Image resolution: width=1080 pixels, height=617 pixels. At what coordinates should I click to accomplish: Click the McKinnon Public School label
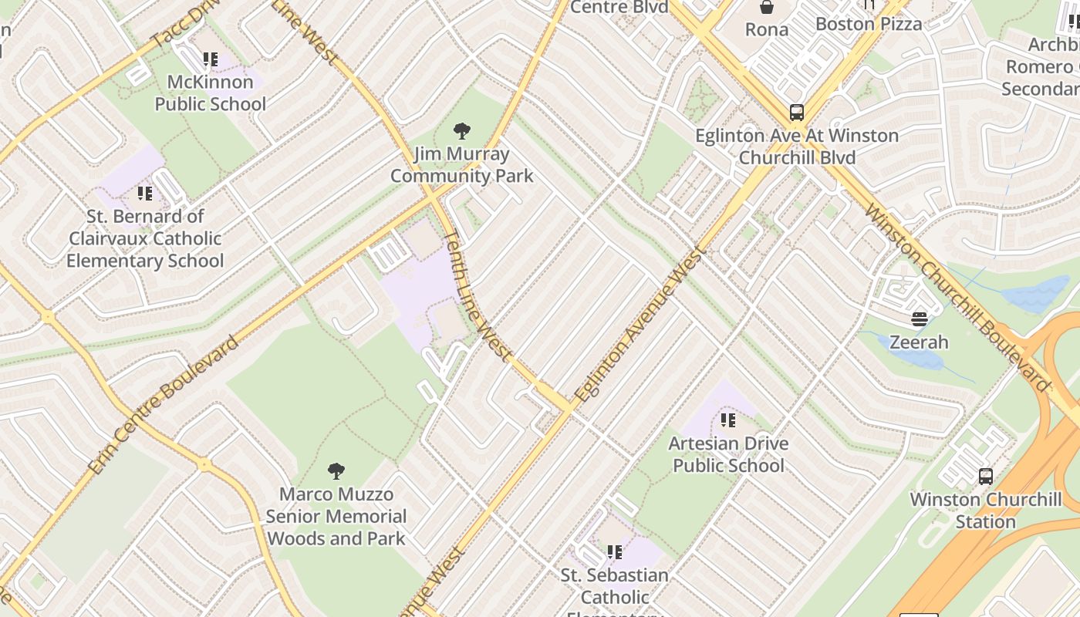point(210,93)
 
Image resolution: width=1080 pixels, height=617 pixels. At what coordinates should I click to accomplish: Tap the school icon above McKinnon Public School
point(210,59)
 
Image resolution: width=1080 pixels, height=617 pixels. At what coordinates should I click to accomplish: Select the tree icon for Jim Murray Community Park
point(462,130)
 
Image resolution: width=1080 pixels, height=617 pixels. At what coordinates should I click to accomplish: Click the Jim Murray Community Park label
point(461,165)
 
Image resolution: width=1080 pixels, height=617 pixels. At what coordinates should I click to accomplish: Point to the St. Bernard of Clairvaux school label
point(145,238)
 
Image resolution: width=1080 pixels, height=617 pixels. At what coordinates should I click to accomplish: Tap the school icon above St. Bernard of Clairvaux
point(145,193)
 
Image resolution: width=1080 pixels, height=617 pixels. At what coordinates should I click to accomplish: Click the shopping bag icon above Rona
point(767,8)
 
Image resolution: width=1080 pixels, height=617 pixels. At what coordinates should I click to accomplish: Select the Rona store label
point(767,30)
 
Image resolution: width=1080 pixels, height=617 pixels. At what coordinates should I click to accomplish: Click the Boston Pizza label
point(869,24)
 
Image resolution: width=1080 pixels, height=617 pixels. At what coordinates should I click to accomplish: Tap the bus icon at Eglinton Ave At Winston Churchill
point(797,113)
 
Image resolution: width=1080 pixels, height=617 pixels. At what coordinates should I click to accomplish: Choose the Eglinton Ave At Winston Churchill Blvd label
point(797,147)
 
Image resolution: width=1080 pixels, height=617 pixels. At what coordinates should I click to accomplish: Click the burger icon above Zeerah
point(919,319)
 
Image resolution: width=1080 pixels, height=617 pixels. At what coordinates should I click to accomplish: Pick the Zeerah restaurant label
point(919,342)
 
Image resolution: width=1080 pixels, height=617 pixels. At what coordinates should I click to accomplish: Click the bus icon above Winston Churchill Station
point(985,476)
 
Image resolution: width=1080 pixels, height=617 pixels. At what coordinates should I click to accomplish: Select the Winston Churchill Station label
point(986,511)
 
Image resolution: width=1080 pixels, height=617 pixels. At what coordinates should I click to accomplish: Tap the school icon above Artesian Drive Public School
point(728,420)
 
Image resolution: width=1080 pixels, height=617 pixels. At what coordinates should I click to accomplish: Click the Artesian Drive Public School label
point(728,454)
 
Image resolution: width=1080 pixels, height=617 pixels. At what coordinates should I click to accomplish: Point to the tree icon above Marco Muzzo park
point(336,470)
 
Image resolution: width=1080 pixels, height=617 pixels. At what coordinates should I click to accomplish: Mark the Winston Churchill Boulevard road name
point(957,298)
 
